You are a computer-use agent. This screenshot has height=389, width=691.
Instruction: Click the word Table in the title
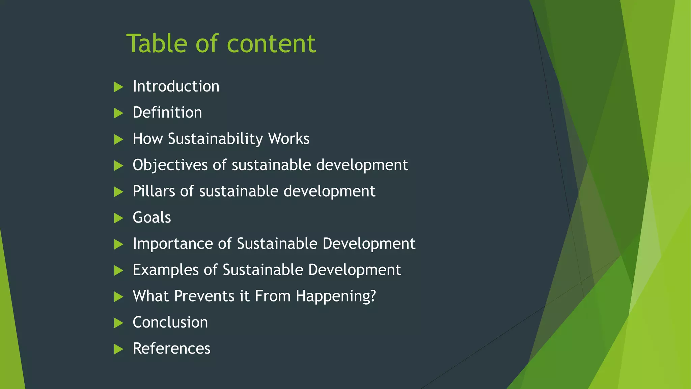pyautogui.click(x=157, y=44)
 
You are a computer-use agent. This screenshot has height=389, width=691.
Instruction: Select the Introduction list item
pyautogui.click(x=176, y=86)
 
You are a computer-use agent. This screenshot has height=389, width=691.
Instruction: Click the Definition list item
pyautogui.click(x=167, y=113)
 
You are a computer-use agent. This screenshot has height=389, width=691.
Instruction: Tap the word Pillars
pyautogui.click(x=154, y=191)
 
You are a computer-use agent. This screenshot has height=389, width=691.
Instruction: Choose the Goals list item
pyautogui.click(x=152, y=218)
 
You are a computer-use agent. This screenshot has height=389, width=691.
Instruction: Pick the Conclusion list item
pyautogui.click(x=170, y=322)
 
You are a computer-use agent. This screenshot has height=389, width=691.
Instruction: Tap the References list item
pyautogui.click(x=171, y=349)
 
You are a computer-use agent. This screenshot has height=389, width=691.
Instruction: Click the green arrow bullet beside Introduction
pyautogui.click(x=118, y=87)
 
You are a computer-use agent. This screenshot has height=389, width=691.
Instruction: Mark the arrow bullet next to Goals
pyautogui.click(x=118, y=218)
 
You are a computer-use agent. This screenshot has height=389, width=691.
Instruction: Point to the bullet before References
pyautogui.click(x=118, y=349)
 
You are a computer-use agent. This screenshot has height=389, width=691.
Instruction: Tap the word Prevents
pyautogui.click(x=204, y=296)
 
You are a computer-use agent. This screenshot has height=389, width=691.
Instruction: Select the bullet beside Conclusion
pyautogui.click(x=118, y=323)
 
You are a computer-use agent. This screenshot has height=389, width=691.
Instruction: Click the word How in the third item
pyautogui.click(x=147, y=139)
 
